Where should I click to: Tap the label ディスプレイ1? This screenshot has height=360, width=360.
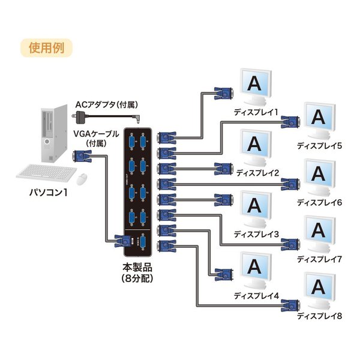257,112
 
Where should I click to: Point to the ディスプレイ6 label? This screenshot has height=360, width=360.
319,202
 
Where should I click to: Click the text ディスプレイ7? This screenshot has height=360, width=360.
319,259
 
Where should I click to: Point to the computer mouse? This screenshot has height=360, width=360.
82,178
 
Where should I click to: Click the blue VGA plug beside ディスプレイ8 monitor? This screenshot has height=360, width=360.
290,305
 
